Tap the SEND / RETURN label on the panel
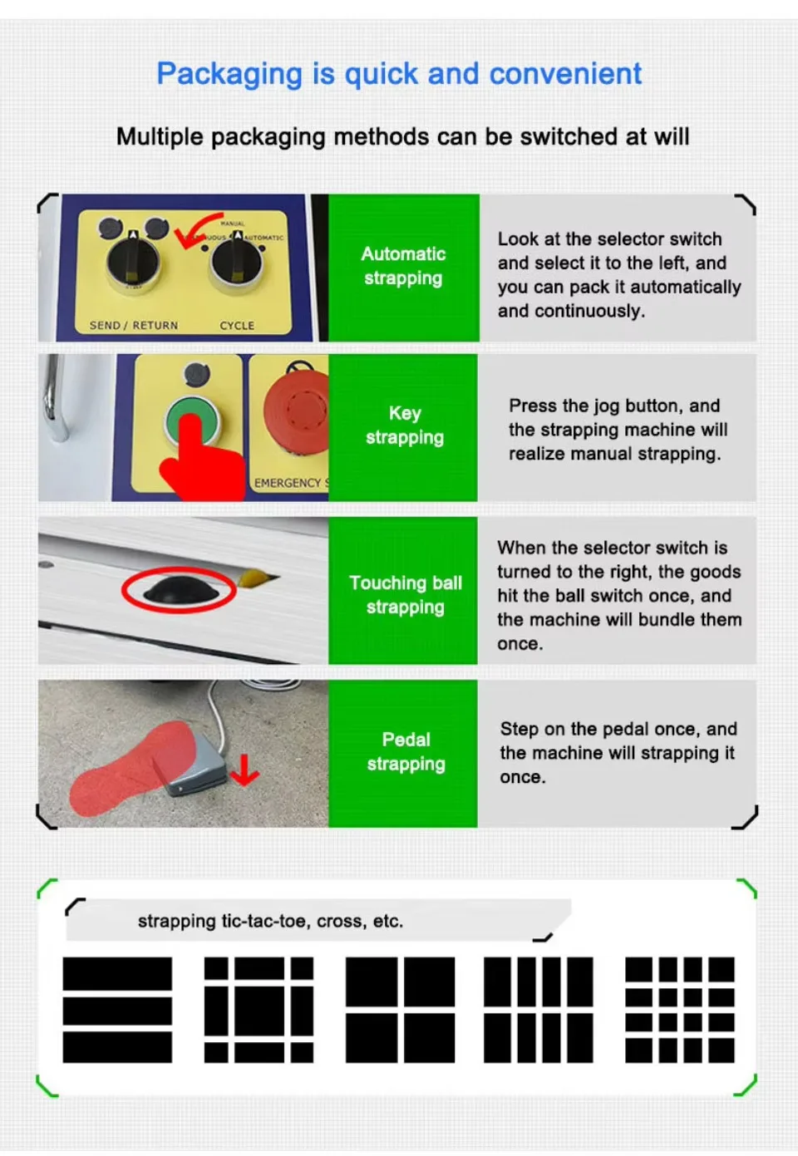[134, 326]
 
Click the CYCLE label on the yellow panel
[237, 326]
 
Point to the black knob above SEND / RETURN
[133, 261]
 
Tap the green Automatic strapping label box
[404, 268]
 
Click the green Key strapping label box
[403, 427]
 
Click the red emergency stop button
[298, 411]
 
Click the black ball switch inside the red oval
[180, 589]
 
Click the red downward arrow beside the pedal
[244, 770]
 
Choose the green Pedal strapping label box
[403, 754]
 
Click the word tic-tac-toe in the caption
[266, 922]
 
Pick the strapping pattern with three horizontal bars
[117, 1010]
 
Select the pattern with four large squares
[400, 1010]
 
